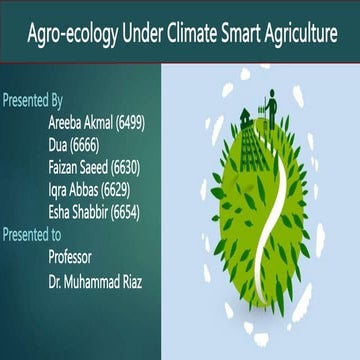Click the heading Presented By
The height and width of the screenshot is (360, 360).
point(34,100)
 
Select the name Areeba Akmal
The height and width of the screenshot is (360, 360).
point(80,122)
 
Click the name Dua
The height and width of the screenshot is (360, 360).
point(60,144)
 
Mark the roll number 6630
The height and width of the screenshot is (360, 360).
point(129,167)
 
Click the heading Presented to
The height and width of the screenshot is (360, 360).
point(33,235)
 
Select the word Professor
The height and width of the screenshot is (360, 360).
point(76,257)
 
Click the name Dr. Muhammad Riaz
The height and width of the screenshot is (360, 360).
point(95,281)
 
